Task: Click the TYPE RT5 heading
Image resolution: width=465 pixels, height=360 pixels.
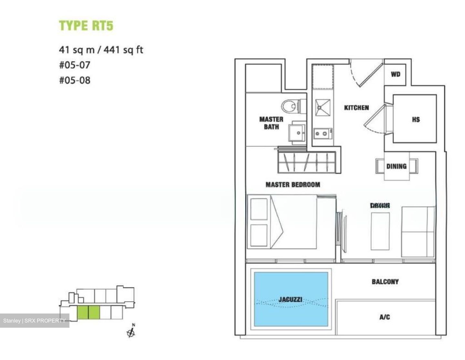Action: pyautogui.click(x=86, y=26)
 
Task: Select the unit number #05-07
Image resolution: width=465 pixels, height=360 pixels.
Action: pyautogui.click(x=75, y=65)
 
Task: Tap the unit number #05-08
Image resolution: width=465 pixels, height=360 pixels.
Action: pyautogui.click(x=75, y=80)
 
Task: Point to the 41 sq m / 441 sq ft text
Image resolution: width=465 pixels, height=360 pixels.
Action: pyautogui.click(x=101, y=50)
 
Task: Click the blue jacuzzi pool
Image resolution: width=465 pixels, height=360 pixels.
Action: pyautogui.click(x=291, y=299)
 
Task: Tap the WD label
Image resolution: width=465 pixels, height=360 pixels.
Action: pyautogui.click(x=396, y=75)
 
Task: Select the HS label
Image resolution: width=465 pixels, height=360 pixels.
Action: pyautogui.click(x=416, y=119)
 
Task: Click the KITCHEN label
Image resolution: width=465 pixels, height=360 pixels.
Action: pyautogui.click(x=356, y=108)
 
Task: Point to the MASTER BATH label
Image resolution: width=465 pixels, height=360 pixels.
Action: pyautogui.click(x=271, y=123)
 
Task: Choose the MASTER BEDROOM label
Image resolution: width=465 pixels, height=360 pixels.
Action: pyautogui.click(x=293, y=185)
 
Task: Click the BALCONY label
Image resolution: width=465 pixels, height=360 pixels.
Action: pyautogui.click(x=385, y=282)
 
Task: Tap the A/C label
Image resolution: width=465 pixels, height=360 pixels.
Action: pyautogui.click(x=384, y=317)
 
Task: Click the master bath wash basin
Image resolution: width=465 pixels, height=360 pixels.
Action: pyautogui.click(x=298, y=132)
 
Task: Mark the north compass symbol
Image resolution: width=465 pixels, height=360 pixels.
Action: pyautogui.click(x=131, y=332)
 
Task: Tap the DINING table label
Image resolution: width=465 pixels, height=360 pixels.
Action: pyautogui.click(x=396, y=166)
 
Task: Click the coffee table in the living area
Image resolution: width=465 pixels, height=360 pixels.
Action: pyautogui.click(x=380, y=231)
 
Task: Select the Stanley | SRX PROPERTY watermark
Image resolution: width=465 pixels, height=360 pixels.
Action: pyautogui.click(x=34, y=321)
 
